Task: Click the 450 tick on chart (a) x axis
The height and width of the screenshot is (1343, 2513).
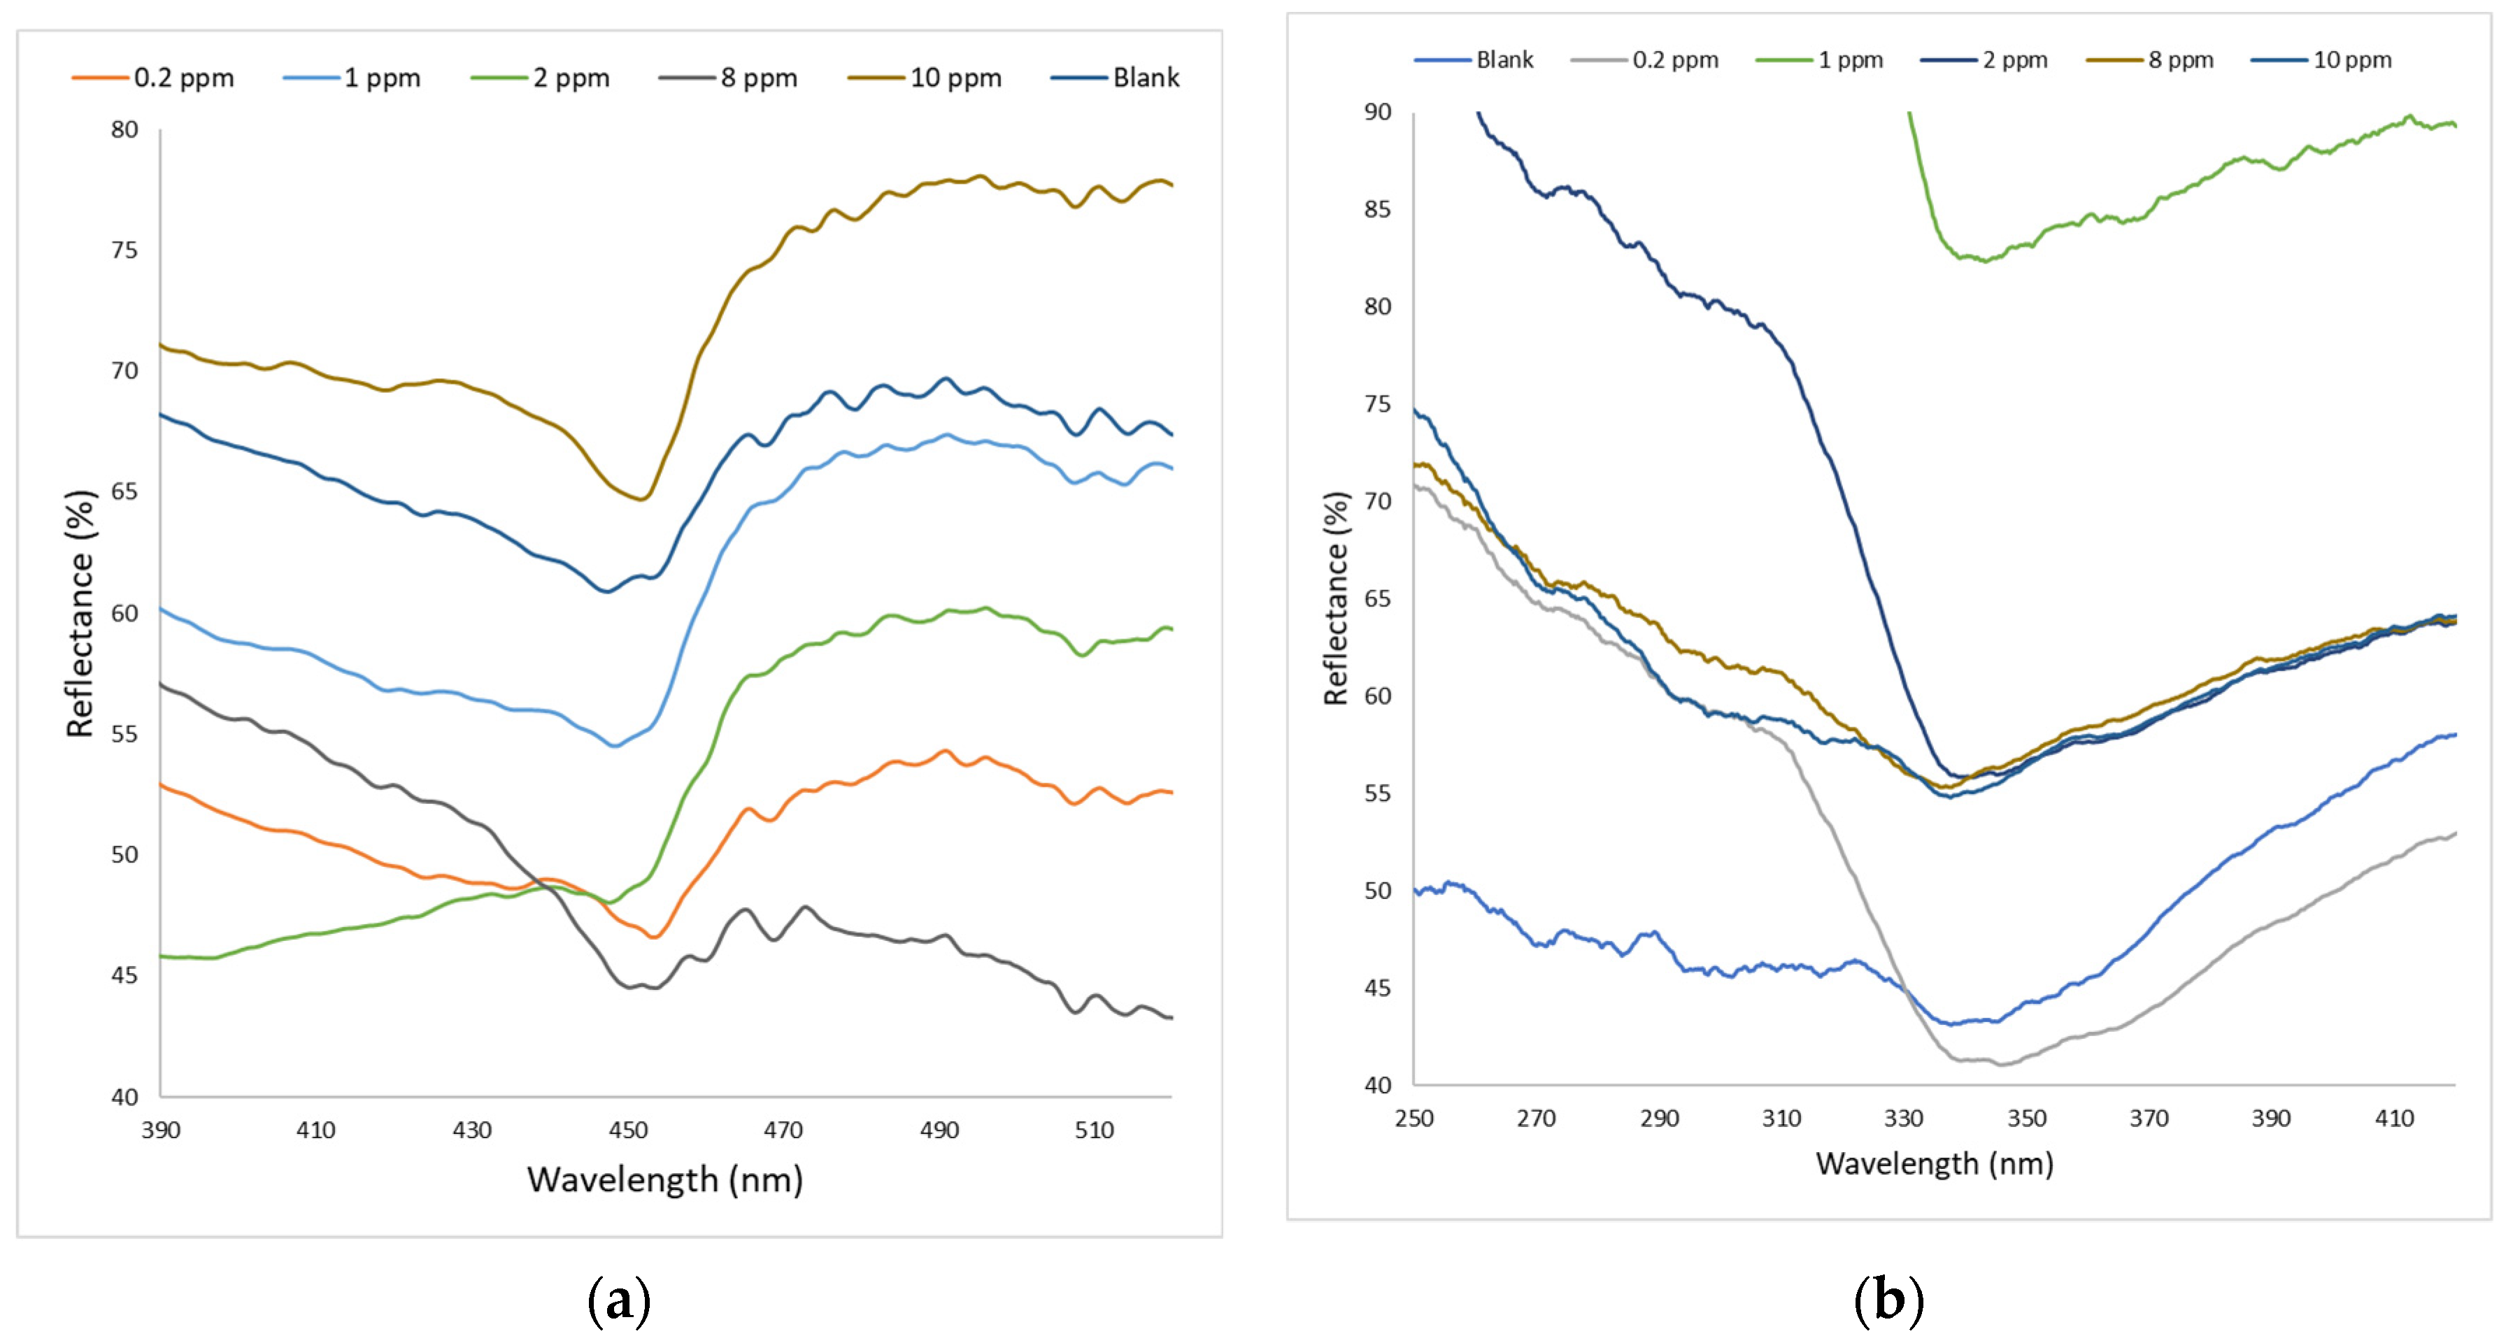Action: (x=627, y=1130)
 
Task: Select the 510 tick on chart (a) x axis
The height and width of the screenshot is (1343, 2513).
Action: (x=1094, y=1130)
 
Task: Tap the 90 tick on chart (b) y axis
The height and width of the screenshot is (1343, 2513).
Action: (x=1376, y=112)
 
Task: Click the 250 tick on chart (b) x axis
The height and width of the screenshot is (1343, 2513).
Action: (x=1414, y=1119)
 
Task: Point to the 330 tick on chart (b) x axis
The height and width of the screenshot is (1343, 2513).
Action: (x=1903, y=1119)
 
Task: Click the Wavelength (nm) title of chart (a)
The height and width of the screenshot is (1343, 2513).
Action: (x=664, y=1180)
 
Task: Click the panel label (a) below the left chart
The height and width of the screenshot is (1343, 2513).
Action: (x=618, y=1301)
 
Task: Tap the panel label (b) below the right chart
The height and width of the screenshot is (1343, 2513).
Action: (x=1888, y=1301)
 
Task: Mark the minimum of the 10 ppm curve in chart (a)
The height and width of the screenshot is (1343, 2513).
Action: (x=641, y=499)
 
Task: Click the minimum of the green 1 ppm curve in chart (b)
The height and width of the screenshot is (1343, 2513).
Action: (x=1984, y=260)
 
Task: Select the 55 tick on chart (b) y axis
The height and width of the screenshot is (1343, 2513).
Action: (x=1376, y=793)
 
